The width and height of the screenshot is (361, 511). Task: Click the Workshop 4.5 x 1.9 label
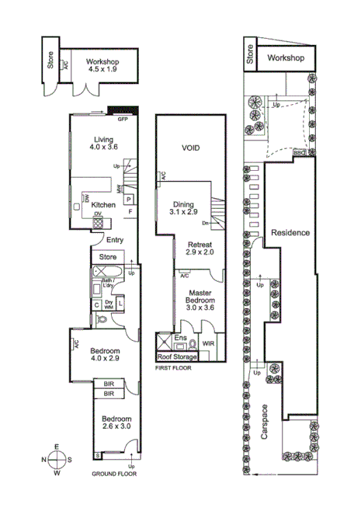click(x=102, y=64)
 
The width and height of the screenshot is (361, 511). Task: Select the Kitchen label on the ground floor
click(x=104, y=205)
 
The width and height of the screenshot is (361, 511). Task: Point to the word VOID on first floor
click(x=191, y=148)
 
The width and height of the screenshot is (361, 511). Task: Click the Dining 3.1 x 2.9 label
click(x=185, y=207)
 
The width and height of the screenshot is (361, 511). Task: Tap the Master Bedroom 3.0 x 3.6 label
click(x=200, y=300)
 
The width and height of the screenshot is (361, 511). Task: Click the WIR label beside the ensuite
click(x=208, y=342)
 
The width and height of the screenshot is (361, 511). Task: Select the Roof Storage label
click(x=176, y=357)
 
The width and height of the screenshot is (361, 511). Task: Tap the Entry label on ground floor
click(x=115, y=240)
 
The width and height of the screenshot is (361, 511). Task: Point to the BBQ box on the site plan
click(x=299, y=152)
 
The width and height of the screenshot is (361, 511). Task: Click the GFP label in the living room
click(x=123, y=120)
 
